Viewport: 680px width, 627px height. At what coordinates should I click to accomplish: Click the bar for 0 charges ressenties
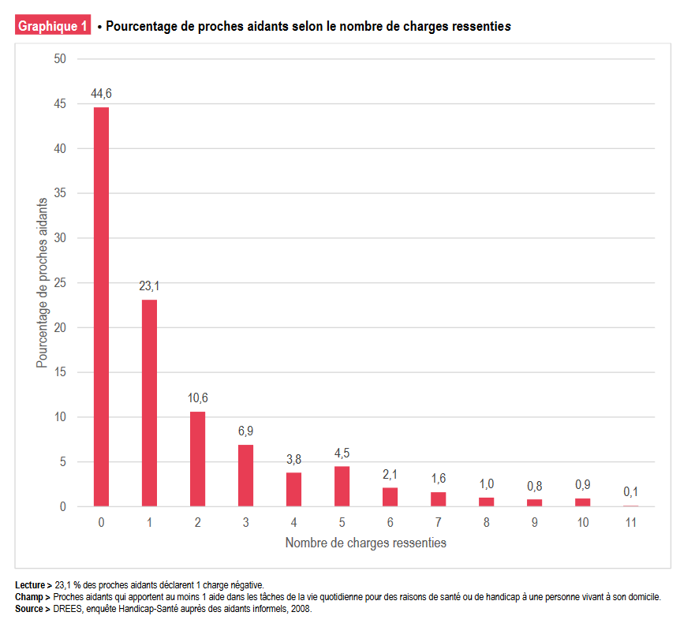[x=101, y=307]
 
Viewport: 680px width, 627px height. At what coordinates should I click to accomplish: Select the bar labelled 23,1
[x=149, y=403]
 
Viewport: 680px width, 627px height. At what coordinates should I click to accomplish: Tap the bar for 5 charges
[x=342, y=487]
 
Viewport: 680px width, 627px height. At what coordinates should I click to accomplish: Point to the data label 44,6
[x=101, y=94]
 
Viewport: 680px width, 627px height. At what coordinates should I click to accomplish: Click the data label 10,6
[x=197, y=397]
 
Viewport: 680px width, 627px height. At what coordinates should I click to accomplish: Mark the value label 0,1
[x=630, y=491]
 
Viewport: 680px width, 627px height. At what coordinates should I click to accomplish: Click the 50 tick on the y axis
[x=60, y=59]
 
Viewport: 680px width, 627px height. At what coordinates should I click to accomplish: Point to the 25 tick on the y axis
[x=60, y=283]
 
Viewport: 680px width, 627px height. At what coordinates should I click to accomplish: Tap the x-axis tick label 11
[x=630, y=522]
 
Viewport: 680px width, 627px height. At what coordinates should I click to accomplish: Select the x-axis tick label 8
[x=486, y=522]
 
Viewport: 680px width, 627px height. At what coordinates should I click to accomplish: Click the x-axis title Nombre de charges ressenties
[x=365, y=543]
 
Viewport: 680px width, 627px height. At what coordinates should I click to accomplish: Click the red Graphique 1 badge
[x=53, y=26]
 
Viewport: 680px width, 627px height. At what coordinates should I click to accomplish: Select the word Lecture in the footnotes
[x=30, y=585]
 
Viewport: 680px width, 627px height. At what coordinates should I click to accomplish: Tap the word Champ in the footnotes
[x=29, y=597]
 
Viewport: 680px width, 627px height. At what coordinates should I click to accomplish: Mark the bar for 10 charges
[x=582, y=502]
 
